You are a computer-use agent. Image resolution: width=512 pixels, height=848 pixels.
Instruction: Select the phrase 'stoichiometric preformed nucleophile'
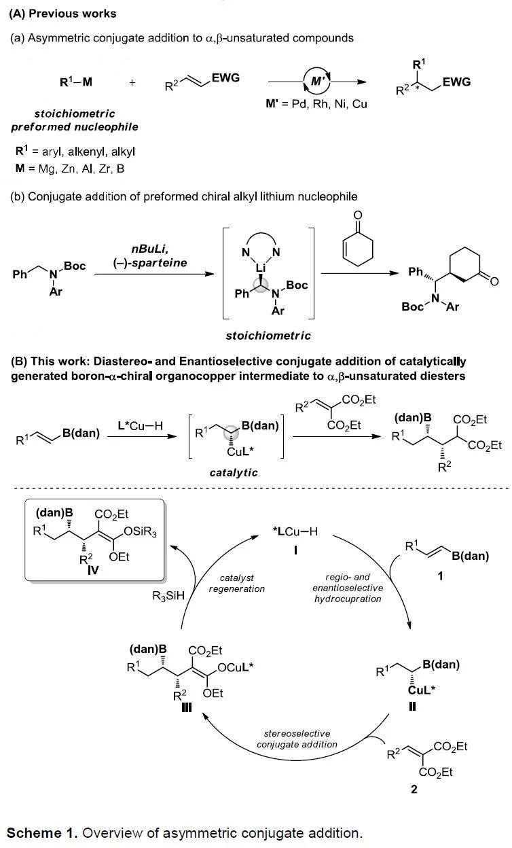click(x=65, y=120)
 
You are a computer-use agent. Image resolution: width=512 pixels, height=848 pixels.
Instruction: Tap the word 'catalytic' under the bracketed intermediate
click(x=233, y=472)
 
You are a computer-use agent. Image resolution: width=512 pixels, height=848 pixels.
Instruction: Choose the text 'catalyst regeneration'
click(x=236, y=583)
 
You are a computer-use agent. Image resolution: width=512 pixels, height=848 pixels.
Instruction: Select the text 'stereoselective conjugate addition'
click(x=297, y=739)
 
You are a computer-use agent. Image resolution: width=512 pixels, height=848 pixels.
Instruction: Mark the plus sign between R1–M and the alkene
click(x=132, y=82)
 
